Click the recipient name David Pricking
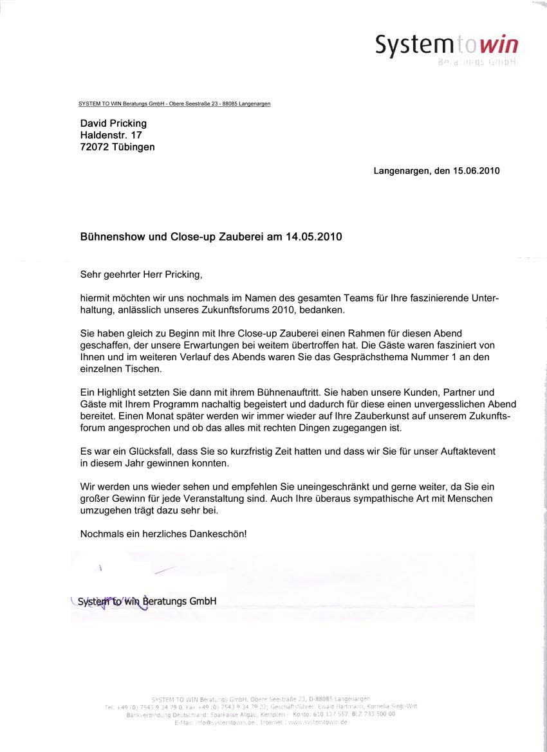[113, 123]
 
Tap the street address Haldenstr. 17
[111, 135]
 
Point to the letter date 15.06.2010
[476, 171]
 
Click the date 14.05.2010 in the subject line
[313, 237]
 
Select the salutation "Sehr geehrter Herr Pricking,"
[141, 275]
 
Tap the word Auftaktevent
[467, 452]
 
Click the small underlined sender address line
[174, 104]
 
